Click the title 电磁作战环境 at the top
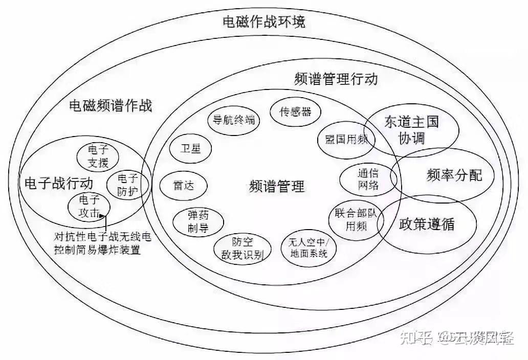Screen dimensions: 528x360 tap(263, 22)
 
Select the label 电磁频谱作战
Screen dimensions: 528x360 tap(111, 106)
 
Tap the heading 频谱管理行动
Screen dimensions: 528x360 tap(336, 79)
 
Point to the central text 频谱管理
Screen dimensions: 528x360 tap(277, 186)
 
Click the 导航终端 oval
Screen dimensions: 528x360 tap(234, 120)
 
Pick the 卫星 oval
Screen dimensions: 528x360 tap(190, 148)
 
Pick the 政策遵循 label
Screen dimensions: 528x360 tap(426, 224)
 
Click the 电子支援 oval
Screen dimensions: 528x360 tap(98, 156)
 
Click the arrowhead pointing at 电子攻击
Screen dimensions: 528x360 tap(106, 215)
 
